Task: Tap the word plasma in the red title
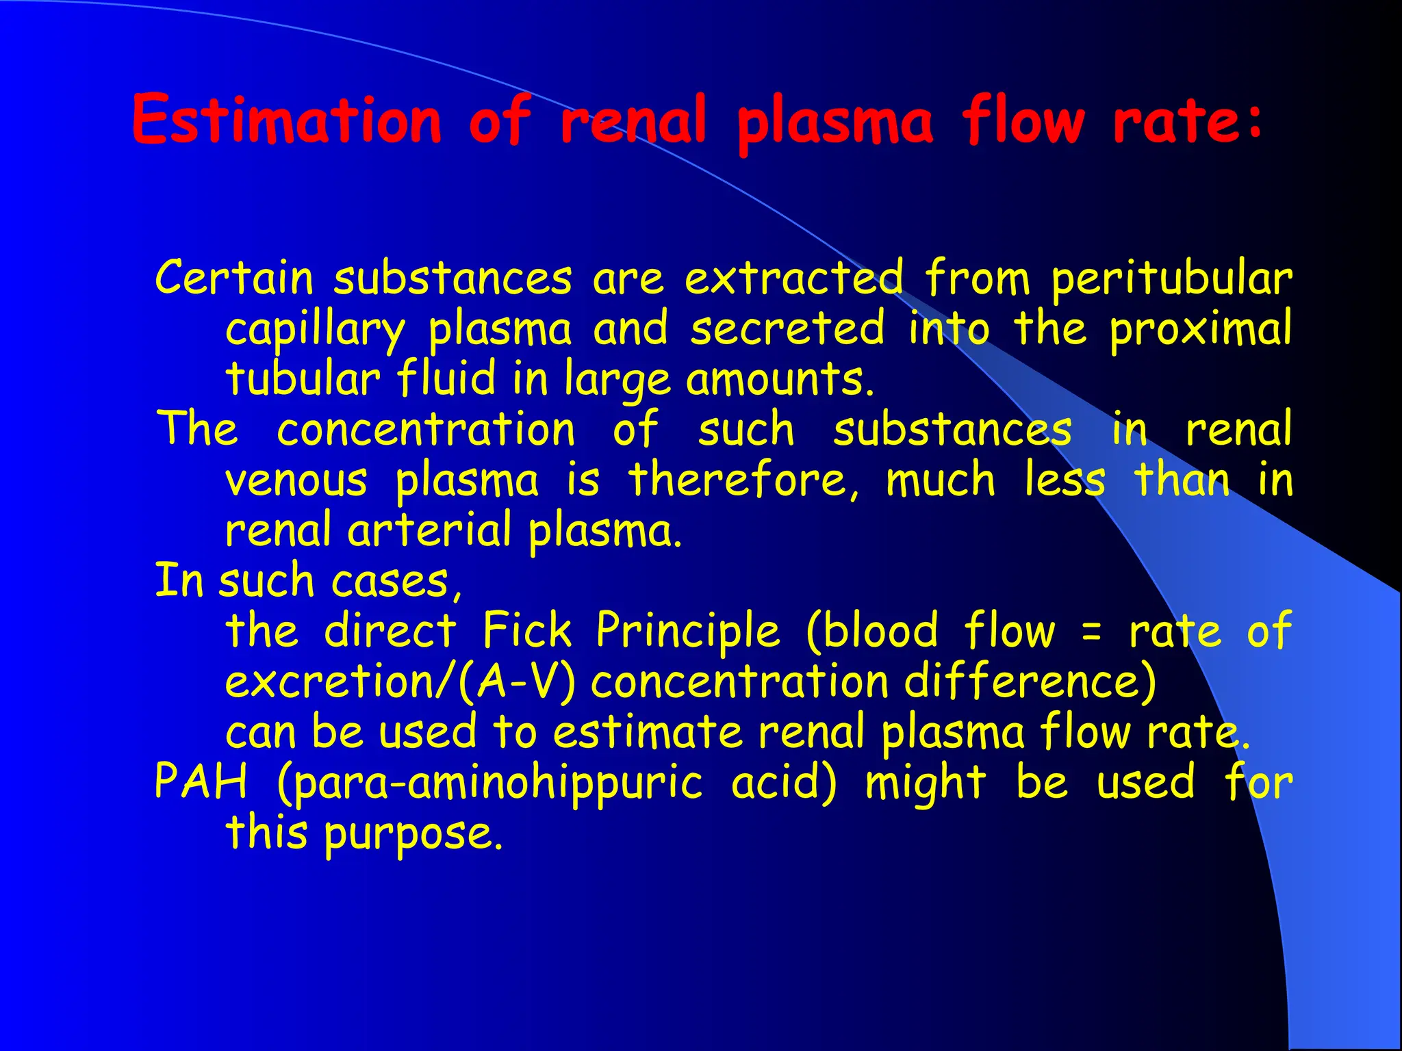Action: [834, 123]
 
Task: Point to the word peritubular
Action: [1171, 279]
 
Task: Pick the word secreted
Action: [787, 328]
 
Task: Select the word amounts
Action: [780, 379]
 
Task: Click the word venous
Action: [296, 480]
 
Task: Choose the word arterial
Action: [429, 530]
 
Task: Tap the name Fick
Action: [526, 630]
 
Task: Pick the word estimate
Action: [647, 731]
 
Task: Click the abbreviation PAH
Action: [201, 781]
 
